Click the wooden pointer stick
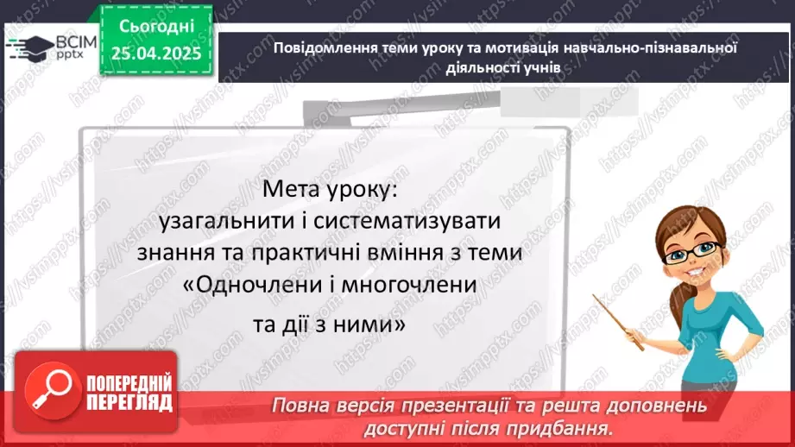pyautogui.click(x=618, y=320)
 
